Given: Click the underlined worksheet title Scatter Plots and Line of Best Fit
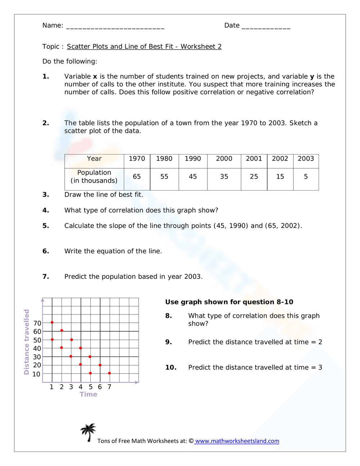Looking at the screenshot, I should (x=144, y=46).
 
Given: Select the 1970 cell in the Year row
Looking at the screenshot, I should (x=137, y=159).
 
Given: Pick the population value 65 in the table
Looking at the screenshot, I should (x=137, y=177).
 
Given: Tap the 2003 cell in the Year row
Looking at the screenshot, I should (x=306, y=159).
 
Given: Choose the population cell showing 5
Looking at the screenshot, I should (x=306, y=177).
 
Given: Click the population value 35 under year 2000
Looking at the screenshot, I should (x=224, y=177).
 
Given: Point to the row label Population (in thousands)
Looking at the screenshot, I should (x=94, y=177).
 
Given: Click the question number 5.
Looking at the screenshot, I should (x=45, y=226).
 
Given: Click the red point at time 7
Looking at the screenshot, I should (x=109, y=373).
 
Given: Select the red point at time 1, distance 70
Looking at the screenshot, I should (x=52, y=322).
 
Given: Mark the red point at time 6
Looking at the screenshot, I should (x=100, y=365).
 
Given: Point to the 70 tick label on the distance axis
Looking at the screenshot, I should (x=37, y=323).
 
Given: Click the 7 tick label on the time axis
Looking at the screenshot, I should (x=109, y=387).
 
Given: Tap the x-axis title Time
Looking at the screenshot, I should (x=89, y=394).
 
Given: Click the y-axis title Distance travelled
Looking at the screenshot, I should (x=27, y=342).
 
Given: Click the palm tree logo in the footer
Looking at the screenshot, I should (x=88, y=432).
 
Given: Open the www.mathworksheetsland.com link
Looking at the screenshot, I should (x=237, y=441).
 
